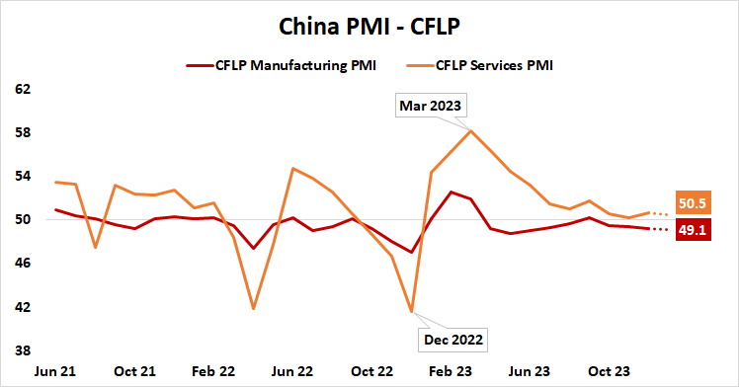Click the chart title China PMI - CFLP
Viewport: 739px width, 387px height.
point(369,22)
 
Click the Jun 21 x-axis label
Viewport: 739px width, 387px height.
point(55,371)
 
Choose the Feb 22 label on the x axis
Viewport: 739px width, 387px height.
point(213,371)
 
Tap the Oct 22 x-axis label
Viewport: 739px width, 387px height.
point(371,371)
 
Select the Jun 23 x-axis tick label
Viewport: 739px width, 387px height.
point(530,371)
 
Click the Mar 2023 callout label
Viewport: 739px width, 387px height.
point(429,105)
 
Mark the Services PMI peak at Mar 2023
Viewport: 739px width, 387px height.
point(471,130)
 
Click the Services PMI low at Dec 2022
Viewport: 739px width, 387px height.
point(412,312)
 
